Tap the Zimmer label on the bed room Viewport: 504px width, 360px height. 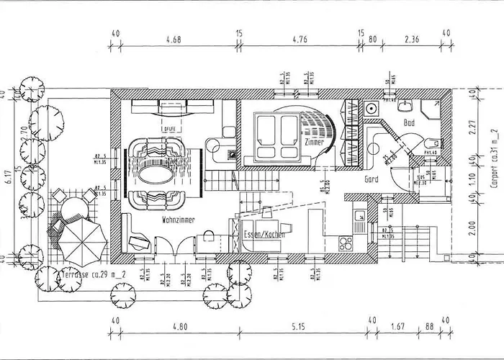[x=314, y=143]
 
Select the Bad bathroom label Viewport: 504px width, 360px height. [x=410, y=123]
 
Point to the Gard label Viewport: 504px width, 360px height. [x=372, y=178]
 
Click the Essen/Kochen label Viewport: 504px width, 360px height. [x=264, y=235]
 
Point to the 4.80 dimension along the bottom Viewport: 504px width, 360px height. [x=179, y=328]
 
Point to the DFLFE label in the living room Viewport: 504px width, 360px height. [x=170, y=130]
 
